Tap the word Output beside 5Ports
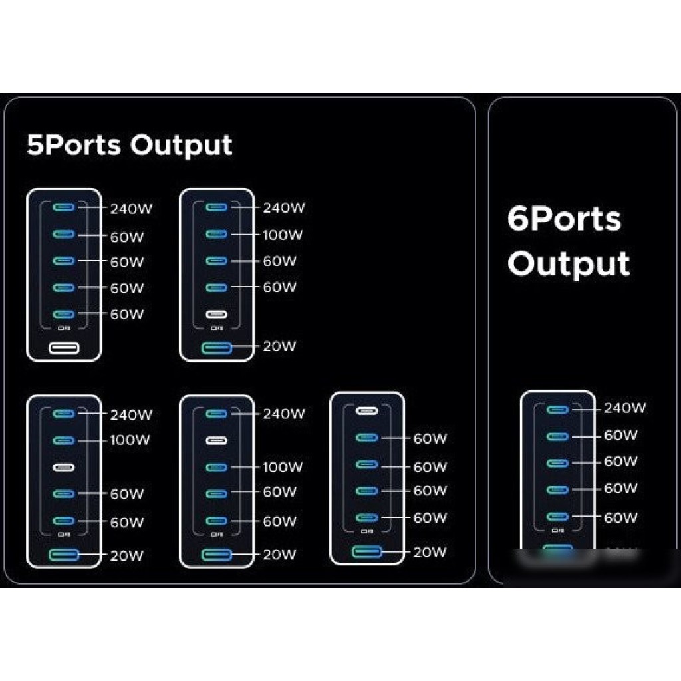[181, 145]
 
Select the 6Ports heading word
[564, 219]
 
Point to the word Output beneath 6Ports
[569, 264]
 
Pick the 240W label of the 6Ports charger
[624, 408]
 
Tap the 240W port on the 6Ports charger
[557, 409]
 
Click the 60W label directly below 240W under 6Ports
[620, 436]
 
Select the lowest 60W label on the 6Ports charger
[620, 517]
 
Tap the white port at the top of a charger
[367, 410]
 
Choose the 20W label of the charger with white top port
[430, 552]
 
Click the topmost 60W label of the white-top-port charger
[430, 439]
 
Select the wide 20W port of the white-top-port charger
[367, 551]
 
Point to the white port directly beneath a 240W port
[217, 440]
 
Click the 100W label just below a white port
[281, 467]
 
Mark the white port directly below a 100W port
[64, 467]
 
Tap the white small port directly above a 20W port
[217, 314]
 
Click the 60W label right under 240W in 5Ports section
[126, 237]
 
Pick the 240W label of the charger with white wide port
[131, 208]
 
